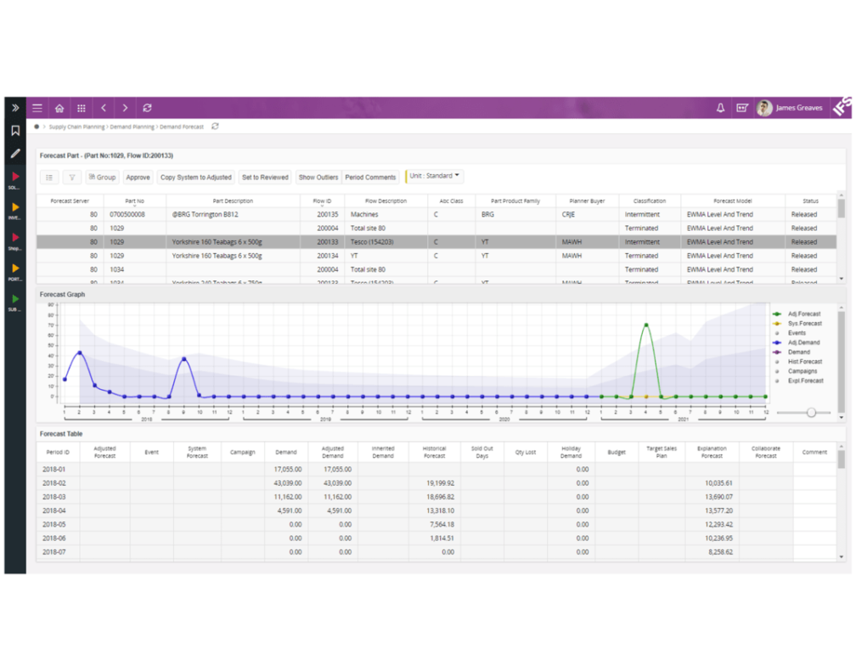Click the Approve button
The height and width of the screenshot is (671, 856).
point(138,178)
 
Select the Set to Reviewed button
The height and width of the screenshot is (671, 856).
point(265,178)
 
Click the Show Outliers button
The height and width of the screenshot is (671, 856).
point(318,178)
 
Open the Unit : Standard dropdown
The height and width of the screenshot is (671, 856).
point(435,176)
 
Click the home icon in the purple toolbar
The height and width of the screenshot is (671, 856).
point(59,109)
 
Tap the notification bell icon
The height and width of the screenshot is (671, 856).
point(720,109)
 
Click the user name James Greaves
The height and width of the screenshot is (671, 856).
point(798,109)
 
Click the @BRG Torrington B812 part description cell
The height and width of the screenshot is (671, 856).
point(205,215)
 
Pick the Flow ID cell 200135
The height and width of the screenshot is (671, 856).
point(327,215)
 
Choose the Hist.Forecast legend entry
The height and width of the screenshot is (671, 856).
point(804,362)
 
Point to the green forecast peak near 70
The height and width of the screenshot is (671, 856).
point(646,324)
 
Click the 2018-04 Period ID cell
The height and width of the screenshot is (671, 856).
point(56,510)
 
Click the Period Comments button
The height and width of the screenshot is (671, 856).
point(370,178)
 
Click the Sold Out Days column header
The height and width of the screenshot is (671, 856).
point(481,452)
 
